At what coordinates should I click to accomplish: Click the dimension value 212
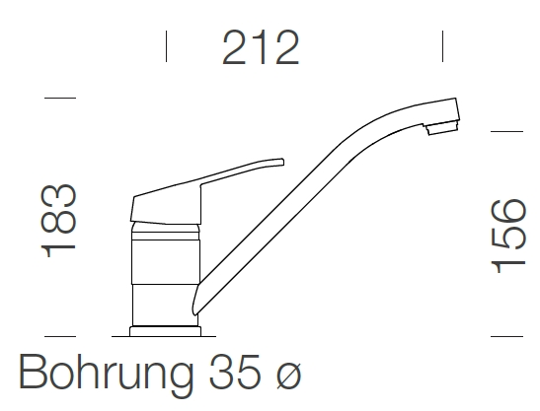coord(261,47)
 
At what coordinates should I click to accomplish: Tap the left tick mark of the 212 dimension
coord(166,45)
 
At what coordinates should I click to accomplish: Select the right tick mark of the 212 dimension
coord(441,45)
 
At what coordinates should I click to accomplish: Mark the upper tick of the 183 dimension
coord(60,99)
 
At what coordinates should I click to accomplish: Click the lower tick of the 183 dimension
coord(60,335)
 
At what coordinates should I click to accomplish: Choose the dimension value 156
coord(507,237)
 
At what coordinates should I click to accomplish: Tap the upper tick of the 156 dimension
coord(506,129)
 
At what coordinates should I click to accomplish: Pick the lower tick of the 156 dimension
coord(506,335)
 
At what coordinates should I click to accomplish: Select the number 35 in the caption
coord(235,375)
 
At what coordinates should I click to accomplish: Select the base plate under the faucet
coord(164,325)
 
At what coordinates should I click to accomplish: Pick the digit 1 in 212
coord(261,47)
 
